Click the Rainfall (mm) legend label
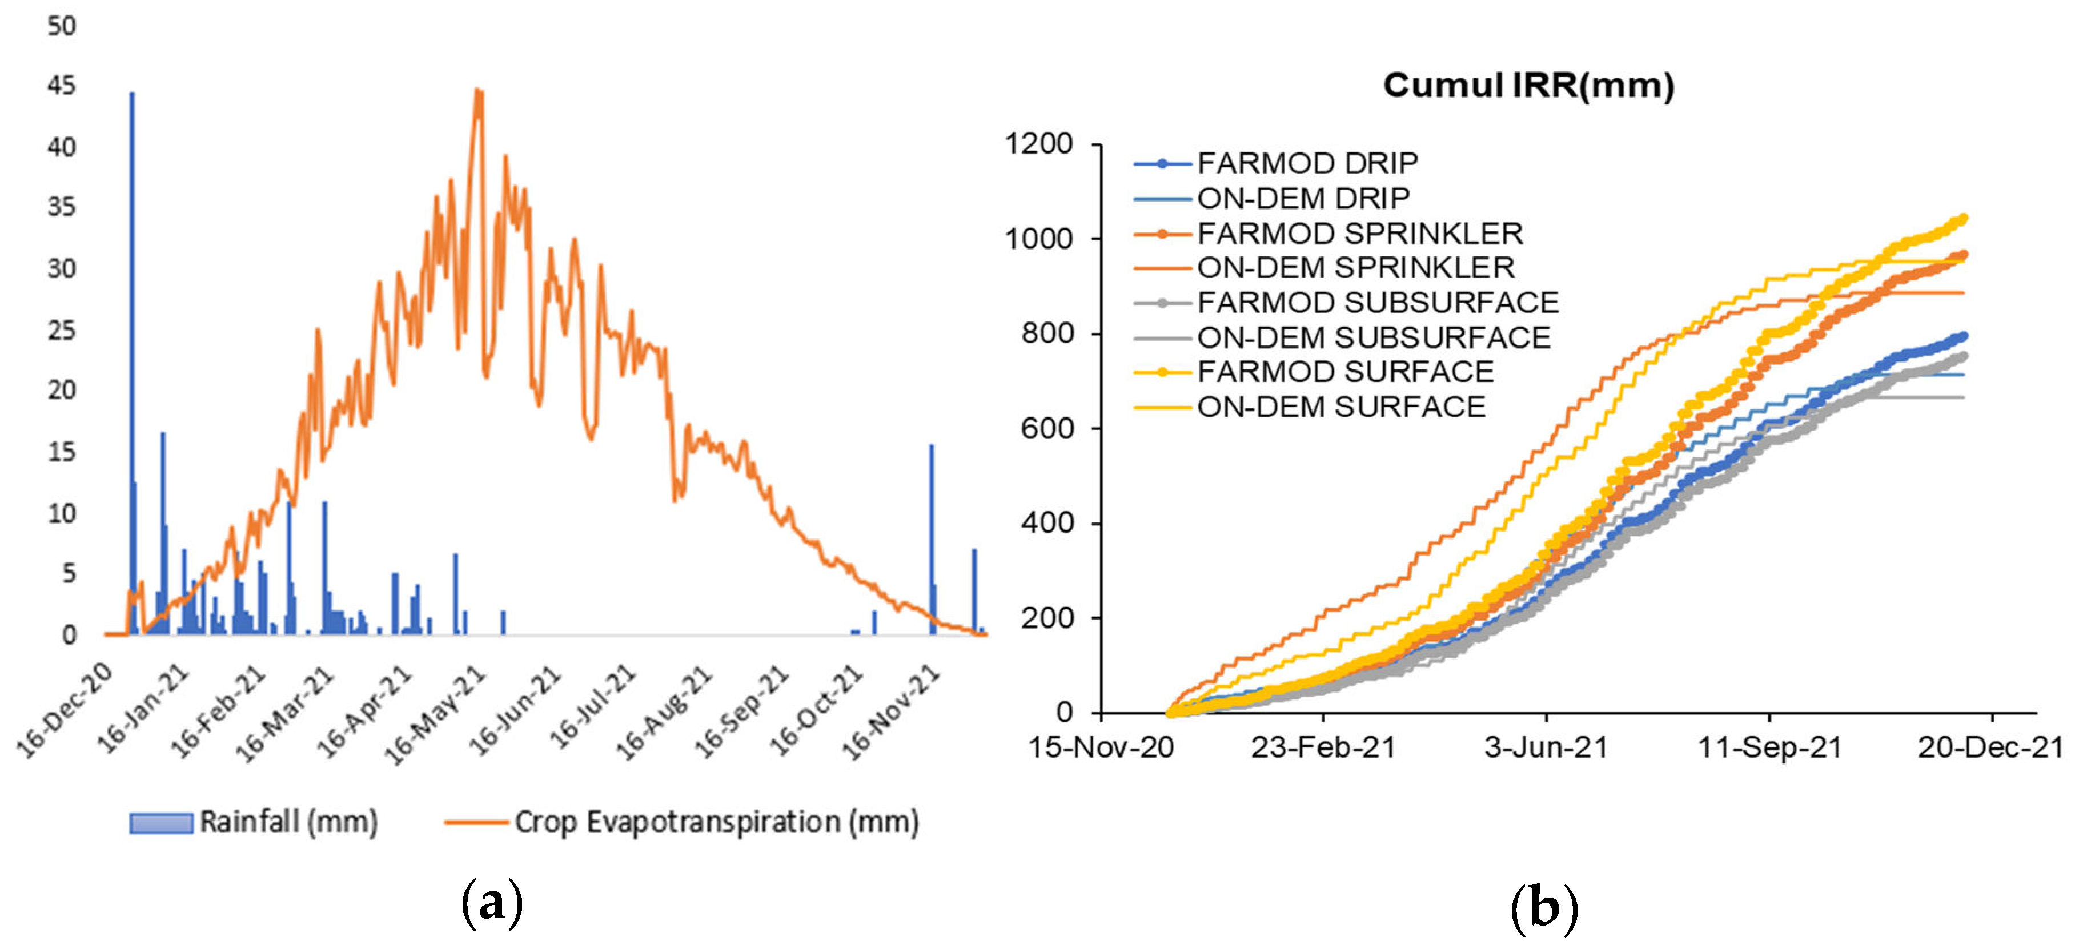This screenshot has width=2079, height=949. pyautogui.click(x=288, y=822)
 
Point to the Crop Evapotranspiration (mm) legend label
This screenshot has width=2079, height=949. pyautogui.click(x=716, y=822)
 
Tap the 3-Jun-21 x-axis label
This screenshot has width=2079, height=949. pyautogui.click(x=1546, y=747)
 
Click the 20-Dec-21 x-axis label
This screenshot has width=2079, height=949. pyautogui.click(x=1990, y=747)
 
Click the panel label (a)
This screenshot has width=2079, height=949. pyautogui.click(x=492, y=904)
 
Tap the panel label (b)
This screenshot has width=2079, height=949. pyautogui.click(x=1543, y=907)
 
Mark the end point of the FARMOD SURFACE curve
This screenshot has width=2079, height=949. pyautogui.click(x=1963, y=219)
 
